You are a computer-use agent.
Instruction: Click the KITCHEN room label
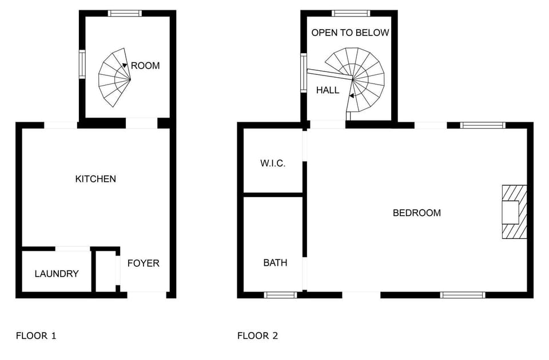(96, 179)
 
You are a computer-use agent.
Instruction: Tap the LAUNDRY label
(57, 274)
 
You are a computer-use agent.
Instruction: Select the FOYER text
(143, 263)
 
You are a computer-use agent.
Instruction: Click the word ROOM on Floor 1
(145, 66)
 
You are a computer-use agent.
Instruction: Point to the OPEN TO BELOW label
(350, 33)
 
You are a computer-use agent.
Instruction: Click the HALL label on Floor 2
(328, 90)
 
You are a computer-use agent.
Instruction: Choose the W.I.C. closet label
(273, 163)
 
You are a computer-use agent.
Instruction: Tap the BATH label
(275, 263)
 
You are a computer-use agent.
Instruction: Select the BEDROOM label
(416, 213)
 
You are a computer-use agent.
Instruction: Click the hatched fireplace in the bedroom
(513, 212)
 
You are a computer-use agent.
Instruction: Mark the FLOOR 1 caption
(35, 335)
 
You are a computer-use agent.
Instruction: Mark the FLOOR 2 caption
(257, 335)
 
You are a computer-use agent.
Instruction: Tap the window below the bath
(280, 295)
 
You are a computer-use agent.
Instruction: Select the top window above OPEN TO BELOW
(351, 13)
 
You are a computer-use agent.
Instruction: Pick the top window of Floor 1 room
(125, 13)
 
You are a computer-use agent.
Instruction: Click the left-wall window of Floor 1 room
(82, 63)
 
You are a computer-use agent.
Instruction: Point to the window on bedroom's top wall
(483, 125)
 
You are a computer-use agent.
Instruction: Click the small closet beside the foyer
(105, 271)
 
